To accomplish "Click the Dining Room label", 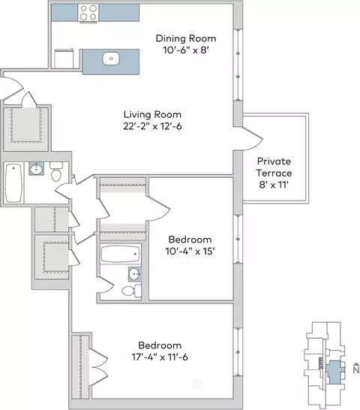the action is coord(186,38).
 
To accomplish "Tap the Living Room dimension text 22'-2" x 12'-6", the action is coord(152,126).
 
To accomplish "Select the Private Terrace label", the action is coord(274,167).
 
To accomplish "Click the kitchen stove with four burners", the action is coord(88,13).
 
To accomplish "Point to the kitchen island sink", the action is coord(111,59).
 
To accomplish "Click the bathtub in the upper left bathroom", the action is coord(13,182).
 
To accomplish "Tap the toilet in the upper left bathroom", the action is coord(56,171).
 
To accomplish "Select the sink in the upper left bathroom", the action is coord(36,169).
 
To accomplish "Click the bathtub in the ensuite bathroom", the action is coord(121,254).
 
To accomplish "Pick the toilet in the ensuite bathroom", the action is coord(132,291).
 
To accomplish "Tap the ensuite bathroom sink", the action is coord(135,274).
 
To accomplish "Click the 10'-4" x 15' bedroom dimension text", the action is coord(190,252).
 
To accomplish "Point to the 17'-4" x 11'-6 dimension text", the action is coord(160,357).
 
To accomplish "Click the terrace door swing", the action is coord(253,139).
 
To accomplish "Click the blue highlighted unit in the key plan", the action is coord(334,372).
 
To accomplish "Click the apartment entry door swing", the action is coord(13,89).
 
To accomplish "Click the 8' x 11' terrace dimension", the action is coord(274,185).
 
